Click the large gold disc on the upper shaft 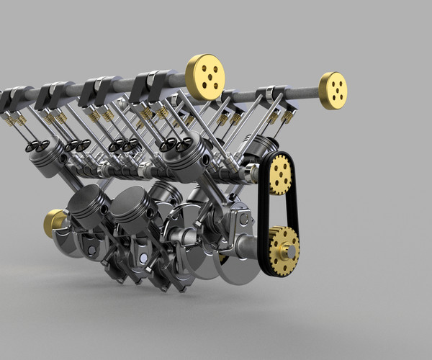click(205, 77)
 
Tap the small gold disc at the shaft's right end click(333, 90)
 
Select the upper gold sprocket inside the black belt click(280, 174)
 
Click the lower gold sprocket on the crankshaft click(284, 249)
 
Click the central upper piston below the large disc click(181, 155)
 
